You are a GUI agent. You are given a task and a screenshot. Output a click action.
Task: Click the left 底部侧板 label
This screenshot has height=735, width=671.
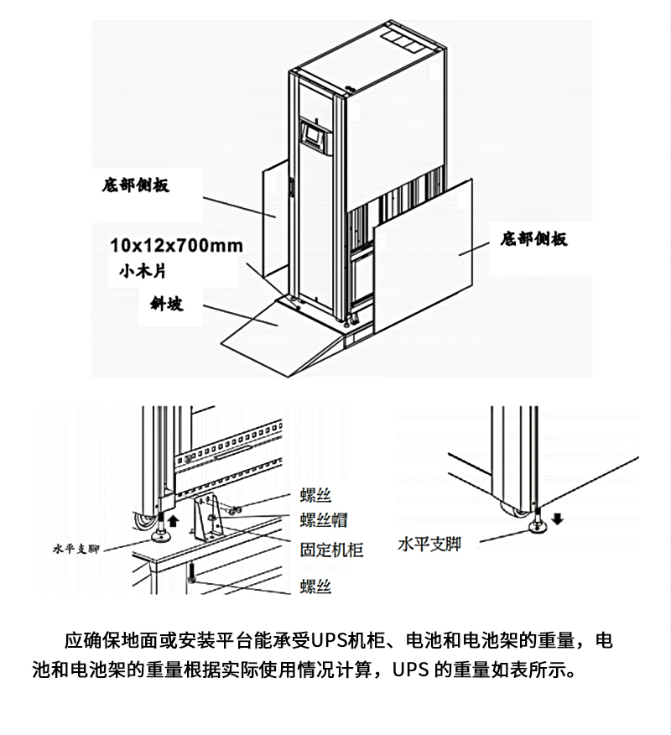pyautogui.click(x=135, y=185)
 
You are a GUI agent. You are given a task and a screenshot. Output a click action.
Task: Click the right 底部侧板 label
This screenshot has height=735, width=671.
pyautogui.click(x=533, y=239)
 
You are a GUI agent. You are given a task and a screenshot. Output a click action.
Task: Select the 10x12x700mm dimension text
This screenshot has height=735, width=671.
pyautogui.click(x=176, y=245)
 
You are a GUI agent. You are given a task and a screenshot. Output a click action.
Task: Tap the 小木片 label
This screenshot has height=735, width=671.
pyautogui.click(x=144, y=271)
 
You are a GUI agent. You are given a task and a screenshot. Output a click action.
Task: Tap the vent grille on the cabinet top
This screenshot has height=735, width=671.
pyautogui.click(x=399, y=39)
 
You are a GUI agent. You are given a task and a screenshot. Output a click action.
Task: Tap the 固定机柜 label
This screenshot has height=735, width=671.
pyautogui.click(x=331, y=550)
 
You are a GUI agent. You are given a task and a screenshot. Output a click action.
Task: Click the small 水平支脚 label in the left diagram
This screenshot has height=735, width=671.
pyautogui.click(x=75, y=550)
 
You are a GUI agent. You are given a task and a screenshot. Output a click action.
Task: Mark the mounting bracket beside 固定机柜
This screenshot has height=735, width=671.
pyautogui.click(x=207, y=520)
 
